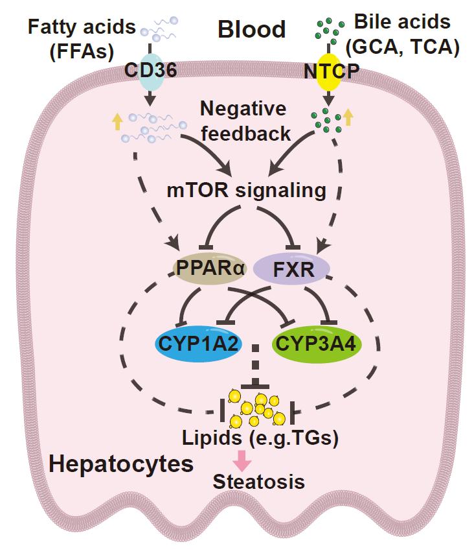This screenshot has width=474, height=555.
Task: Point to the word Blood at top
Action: (251, 29)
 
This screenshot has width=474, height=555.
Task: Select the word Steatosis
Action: (258, 483)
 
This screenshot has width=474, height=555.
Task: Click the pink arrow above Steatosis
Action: (242, 460)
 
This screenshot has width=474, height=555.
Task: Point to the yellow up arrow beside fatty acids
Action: (117, 121)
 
